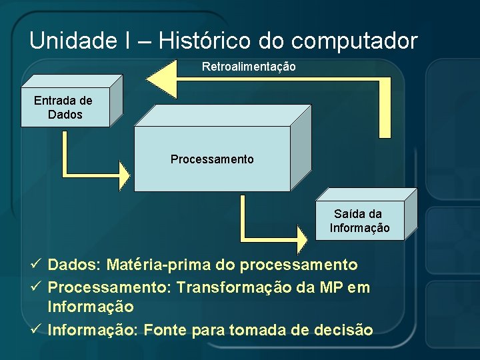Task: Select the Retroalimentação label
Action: (249, 67)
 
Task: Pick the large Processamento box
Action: (212, 159)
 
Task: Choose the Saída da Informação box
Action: (359, 221)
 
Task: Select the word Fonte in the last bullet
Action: (163, 329)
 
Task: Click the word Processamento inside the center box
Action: (212, 159)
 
